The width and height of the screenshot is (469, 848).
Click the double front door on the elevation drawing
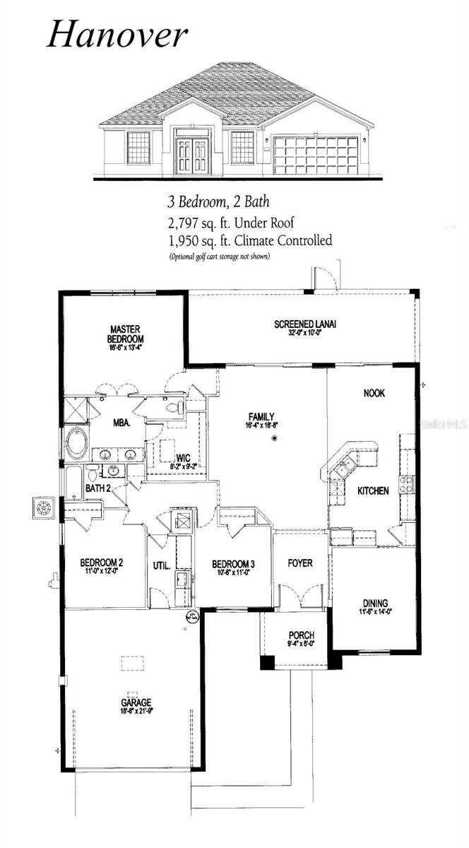pos(191,156)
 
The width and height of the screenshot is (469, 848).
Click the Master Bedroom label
pos(126,334)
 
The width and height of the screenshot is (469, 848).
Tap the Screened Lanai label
pos(305,324)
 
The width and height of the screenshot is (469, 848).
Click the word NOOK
pos(374,394)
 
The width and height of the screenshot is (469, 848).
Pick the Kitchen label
pos(373,490)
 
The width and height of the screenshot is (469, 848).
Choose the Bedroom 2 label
pos(102,563)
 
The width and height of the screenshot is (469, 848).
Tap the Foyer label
pos(300,563)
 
